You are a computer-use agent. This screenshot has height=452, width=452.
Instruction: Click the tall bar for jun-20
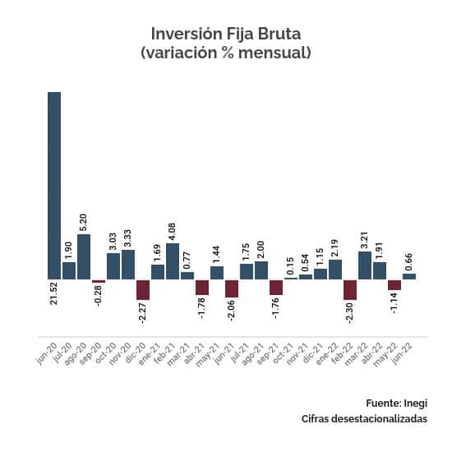tap(54, 185)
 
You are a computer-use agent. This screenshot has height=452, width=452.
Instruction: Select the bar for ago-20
tap(84, 256)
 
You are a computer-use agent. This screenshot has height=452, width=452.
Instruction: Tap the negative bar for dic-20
tap(143, 290)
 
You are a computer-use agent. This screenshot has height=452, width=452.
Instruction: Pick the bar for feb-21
tap(173, 261)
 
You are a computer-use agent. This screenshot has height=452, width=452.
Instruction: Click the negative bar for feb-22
tap(350, 290)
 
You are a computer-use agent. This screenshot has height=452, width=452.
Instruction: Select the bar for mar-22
tap(365, 265)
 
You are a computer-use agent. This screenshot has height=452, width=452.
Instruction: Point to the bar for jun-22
tap(409, 276)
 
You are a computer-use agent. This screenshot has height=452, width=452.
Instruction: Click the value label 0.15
tap(291, 267)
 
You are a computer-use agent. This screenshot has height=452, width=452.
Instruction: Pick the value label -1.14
tap(394, 305)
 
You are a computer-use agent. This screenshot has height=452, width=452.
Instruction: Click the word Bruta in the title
tap(275, 34)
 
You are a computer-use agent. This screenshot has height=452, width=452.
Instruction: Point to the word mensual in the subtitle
tap(270, 53)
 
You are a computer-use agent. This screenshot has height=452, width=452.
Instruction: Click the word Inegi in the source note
tap(416, 403)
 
